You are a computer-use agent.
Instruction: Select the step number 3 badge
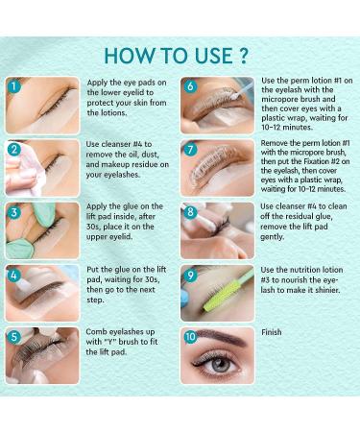[x=14, y=213]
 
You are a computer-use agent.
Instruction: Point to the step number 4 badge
[x=14, y=276]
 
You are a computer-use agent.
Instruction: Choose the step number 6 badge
[x=190, y=86]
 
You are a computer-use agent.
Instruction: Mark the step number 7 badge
[x=190, y=150]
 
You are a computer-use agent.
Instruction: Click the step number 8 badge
[x=190, y=213]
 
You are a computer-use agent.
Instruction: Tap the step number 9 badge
[x=190, y=276]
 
